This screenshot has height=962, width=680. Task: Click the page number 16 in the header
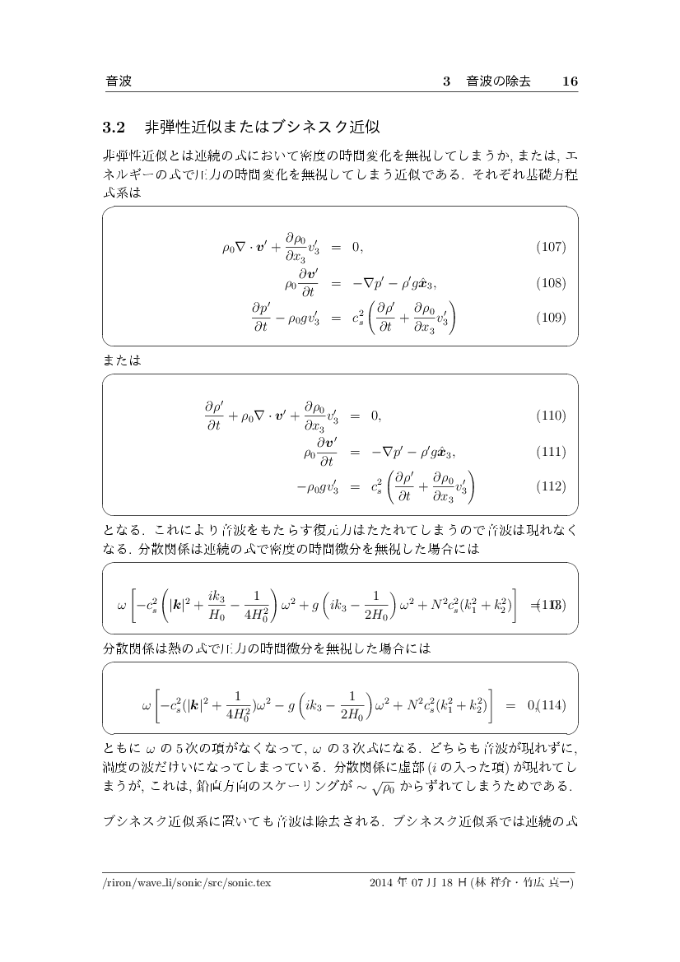click(x=570, y=81)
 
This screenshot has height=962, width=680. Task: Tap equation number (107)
click(x=551, y=247)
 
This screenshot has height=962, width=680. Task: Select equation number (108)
click(x=551, y=284)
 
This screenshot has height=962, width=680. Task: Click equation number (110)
click(x=551, y=416)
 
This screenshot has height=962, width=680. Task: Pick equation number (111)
click(x=551, y=452)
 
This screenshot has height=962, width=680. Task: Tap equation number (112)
click(x=551, y=486)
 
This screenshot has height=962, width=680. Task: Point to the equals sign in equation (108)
click(x=336, y=284)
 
